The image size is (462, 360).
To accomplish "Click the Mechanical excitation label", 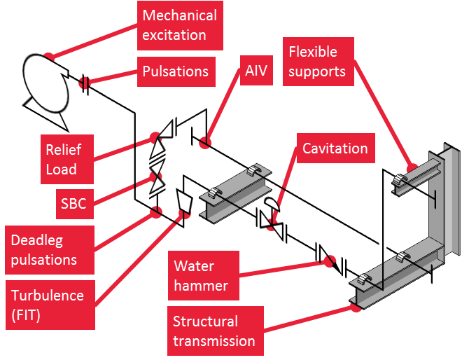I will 179,25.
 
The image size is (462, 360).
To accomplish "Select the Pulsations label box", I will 175,71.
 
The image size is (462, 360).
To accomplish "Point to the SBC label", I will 73,204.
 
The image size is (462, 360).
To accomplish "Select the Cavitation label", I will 335,148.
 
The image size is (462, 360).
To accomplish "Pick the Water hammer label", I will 201,276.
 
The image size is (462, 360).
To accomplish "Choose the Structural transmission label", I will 213,331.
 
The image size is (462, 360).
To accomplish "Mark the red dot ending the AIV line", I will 204,142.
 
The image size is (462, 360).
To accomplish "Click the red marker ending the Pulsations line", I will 85,83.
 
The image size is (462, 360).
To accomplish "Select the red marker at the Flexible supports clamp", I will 412,167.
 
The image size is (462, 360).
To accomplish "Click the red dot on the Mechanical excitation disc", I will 48,56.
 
